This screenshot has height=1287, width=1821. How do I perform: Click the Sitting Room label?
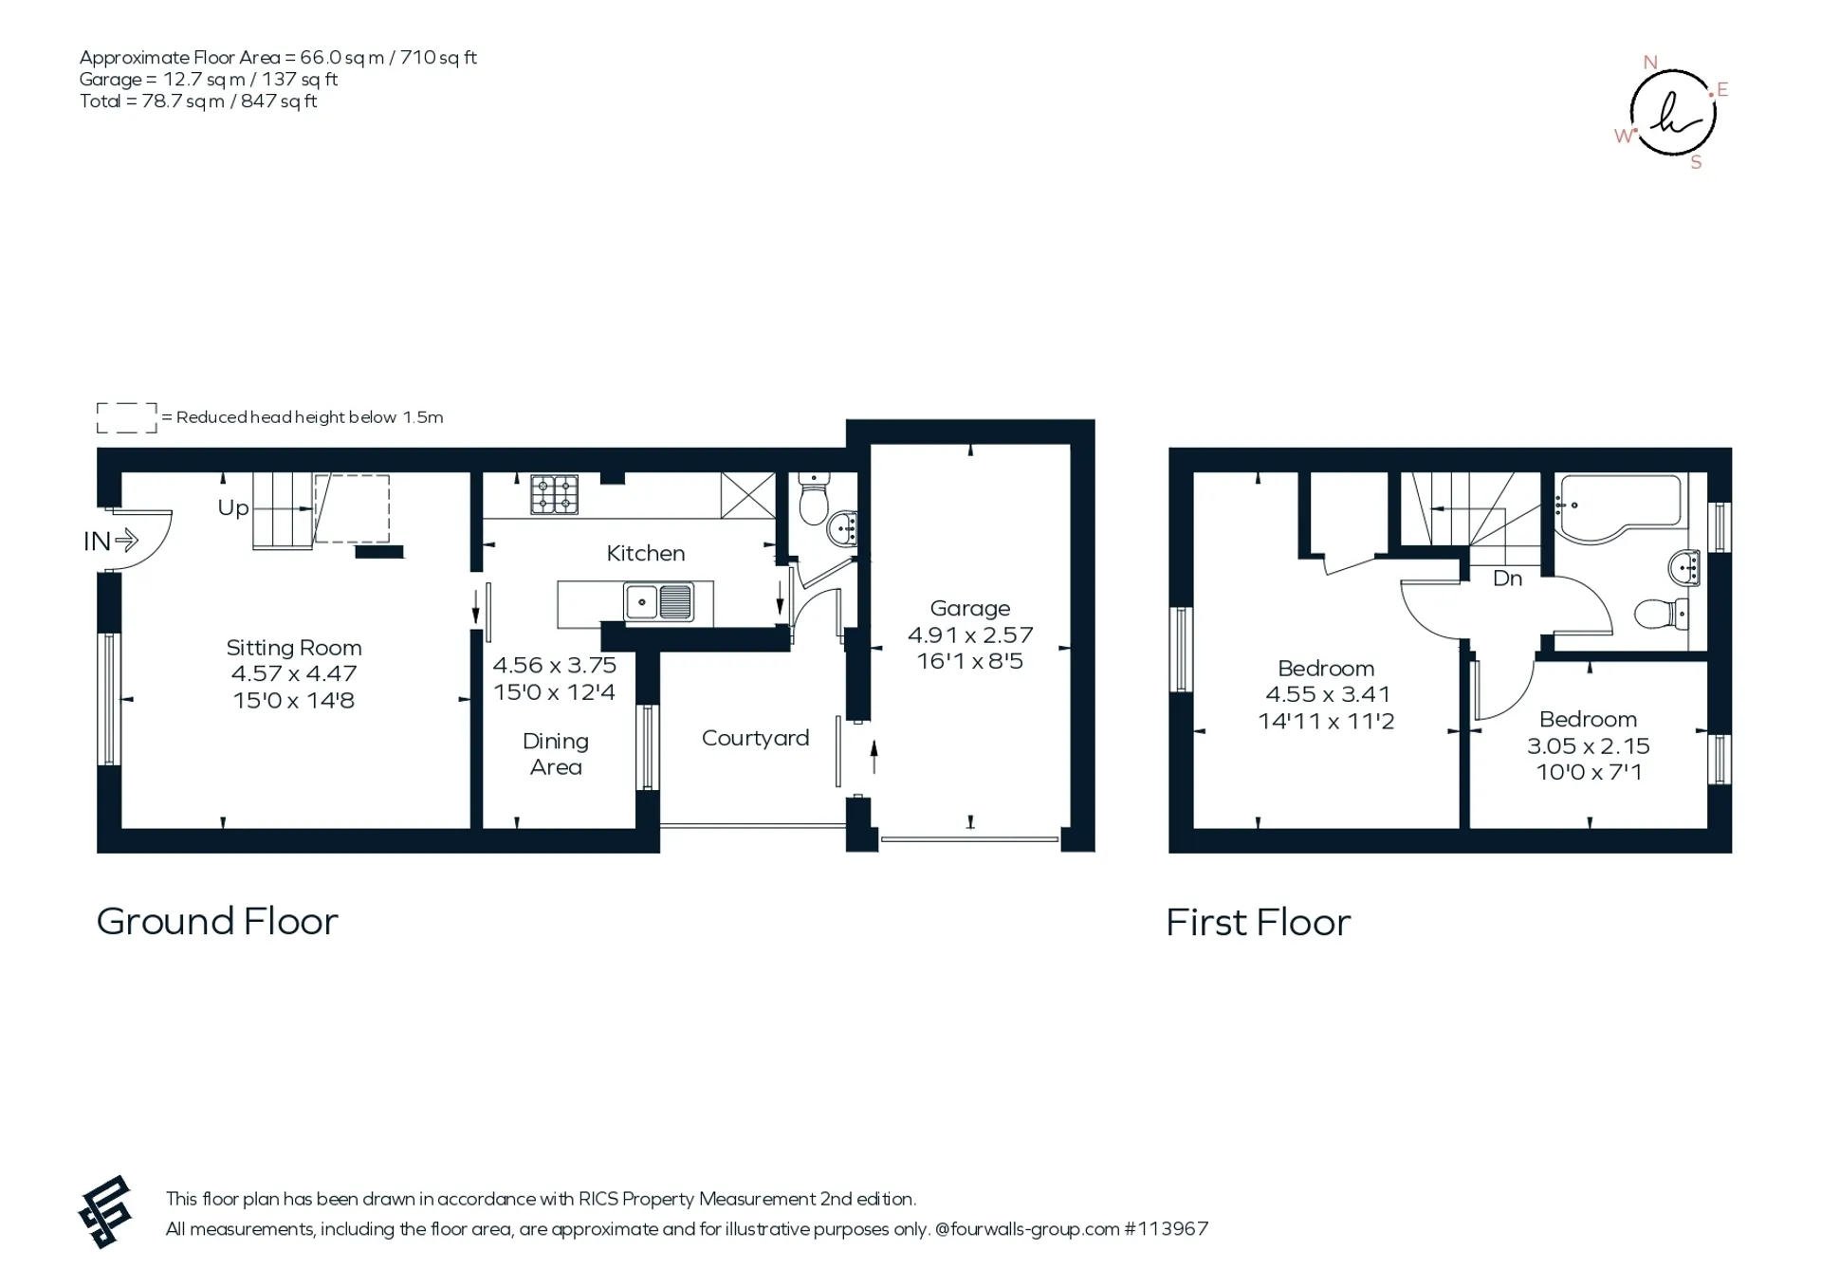pyautogui.click(x=294, y=648)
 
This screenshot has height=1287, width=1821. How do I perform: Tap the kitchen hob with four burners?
pyautogui.click(x=555, y=494)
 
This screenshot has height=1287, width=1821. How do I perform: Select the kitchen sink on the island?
pyautogui.click(x=659, y=602)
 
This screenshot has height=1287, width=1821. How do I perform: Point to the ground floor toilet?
pyautogui.click(x=814, y=500)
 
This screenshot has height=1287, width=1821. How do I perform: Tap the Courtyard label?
pyautogui.click(x=756, y=739)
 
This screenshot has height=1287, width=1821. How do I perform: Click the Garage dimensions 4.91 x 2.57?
pyautogui.click(x=970, y=634)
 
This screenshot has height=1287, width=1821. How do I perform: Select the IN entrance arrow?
pyautogui.click(x=126, y=541)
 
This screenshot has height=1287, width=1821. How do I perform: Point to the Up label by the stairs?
pyautogui.click(x=233, y=508)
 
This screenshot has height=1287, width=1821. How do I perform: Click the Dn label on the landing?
pyautogui.click(x=1508, y=579)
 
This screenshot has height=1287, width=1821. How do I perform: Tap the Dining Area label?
pyautogui.click(x=556, y=754)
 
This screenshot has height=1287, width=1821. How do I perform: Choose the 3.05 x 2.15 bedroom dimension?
pyautogui.click(x=1589, y=746)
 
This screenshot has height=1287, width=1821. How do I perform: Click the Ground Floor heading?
pyautogui.click(x=217, y=921)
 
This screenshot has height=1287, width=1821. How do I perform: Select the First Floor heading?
pyautogui.click(x=1259, y=923)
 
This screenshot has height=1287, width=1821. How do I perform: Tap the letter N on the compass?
pyautogui.click(x=1650, y=63)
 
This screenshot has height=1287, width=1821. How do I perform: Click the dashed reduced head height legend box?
pyautogui.click(x=127, y=418)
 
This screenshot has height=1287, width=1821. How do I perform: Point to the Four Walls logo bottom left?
pyautogui.click(x=104, y=1212)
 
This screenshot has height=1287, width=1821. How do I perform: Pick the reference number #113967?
pyautogui.click(x=1167, y=1229)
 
